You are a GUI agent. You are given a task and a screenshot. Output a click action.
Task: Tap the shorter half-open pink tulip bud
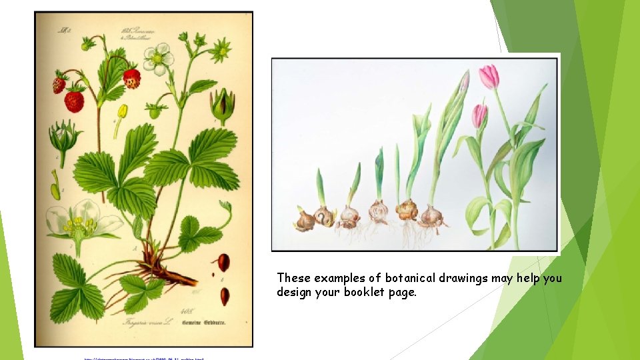[x=479, y=115]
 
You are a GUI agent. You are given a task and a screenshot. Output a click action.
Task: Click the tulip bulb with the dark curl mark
[x=325, y=215]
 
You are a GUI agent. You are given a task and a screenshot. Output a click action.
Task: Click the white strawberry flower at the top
[x=159, y=58]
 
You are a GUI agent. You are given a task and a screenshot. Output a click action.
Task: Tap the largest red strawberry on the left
[x=74, y=101]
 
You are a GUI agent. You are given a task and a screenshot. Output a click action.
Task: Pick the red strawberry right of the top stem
[x=132, y=78]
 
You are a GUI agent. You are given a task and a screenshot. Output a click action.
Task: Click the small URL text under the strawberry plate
[x=143, y=358]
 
